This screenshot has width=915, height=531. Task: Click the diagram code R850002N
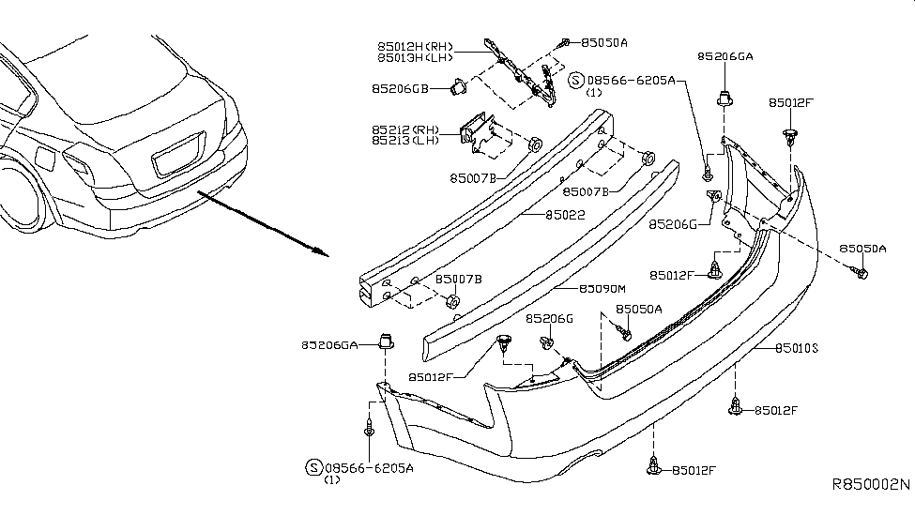(x=871, y=485)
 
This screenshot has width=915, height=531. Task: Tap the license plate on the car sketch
(x=177, y=155)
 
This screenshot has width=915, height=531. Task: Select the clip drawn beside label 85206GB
(x=460, y=87)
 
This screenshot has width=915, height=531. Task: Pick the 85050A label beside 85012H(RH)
(x=604, y=42)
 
